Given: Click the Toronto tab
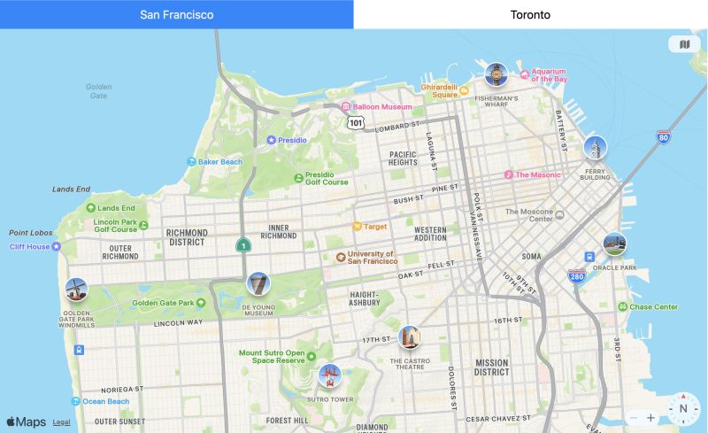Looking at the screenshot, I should point(530,14).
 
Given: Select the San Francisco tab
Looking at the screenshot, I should point(176,14).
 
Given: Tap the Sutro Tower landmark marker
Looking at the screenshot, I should point(329,376).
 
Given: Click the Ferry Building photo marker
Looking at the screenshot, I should point(595,147).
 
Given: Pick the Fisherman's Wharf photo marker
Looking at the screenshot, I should point(496,74).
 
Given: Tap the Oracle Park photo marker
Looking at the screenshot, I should point(614,244).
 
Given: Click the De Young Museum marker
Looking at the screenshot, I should point(258,284).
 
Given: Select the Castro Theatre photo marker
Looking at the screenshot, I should point(409,336).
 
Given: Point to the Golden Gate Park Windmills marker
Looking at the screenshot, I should point(76,289).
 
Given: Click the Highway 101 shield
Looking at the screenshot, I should point(355,122).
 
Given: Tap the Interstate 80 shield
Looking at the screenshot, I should point(664,137).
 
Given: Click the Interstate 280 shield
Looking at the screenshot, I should point(577,276).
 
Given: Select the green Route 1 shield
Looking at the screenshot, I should point(242,245).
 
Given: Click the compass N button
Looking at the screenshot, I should point(683,409).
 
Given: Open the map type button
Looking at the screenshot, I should point(684,44).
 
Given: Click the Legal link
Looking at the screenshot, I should point(62,423).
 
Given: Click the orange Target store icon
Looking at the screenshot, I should point(358,227).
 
